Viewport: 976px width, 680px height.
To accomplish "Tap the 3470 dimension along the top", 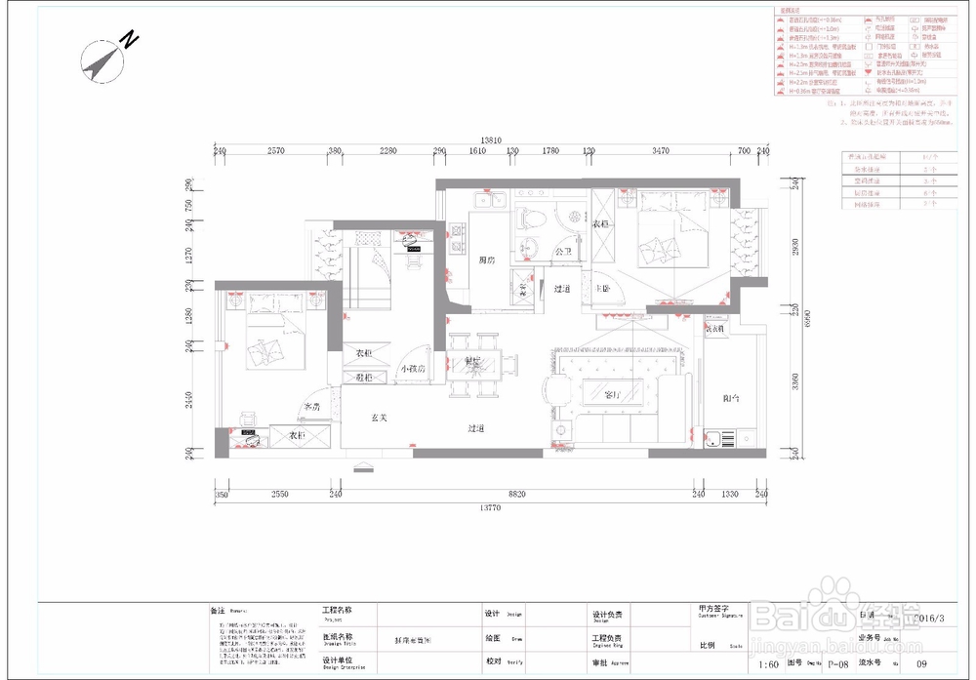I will (661, 151).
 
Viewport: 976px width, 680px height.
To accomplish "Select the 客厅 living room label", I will (613, 395).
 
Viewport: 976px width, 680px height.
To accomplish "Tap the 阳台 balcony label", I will (731, 399).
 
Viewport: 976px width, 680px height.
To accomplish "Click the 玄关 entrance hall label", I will (381, 418).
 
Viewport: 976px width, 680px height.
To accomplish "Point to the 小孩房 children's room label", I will (412, 369).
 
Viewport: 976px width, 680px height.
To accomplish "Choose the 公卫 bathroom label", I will (563, 252).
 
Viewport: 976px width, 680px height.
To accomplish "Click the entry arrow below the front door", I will (363, 467).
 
